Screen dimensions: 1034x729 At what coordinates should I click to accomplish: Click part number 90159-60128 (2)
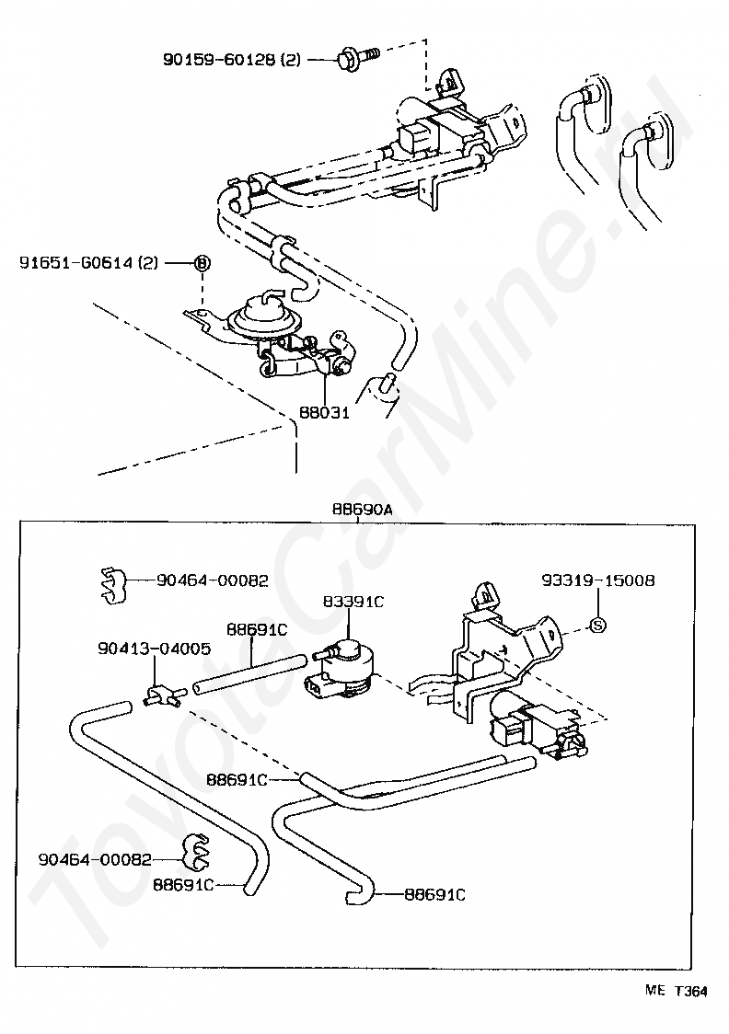pos(232,60)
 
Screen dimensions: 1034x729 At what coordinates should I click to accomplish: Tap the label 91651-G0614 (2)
pos(89,263)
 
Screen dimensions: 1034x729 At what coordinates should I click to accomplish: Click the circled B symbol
pos(202,263)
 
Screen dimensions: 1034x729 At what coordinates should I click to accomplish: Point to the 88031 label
pos(325,413)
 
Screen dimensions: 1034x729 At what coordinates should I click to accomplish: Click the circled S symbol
pos(597,626)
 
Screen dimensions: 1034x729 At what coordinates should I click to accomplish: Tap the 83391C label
pos(353,602)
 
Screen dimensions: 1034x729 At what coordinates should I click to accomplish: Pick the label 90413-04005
pos(154,649)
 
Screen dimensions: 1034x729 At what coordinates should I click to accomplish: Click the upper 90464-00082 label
pos(213,580)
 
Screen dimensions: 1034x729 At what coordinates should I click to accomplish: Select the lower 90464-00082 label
pos(95,859)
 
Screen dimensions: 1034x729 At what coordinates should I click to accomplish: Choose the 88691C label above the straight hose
pos(258,630)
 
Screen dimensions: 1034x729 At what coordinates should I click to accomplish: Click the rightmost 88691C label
pos(434,893)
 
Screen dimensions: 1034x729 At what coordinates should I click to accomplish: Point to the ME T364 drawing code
pos(676,992)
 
